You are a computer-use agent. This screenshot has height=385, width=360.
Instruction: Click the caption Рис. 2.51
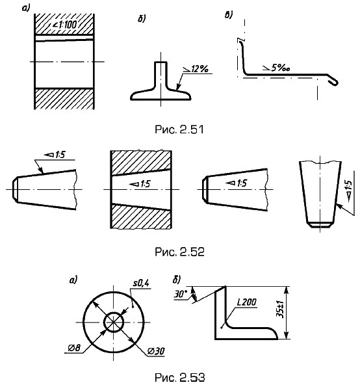click(179, 129)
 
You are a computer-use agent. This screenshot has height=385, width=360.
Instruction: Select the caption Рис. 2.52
click(179, 252)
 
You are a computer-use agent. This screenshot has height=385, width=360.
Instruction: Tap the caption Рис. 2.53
click(180, 377)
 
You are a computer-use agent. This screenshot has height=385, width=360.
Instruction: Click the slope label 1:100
click(65, 25)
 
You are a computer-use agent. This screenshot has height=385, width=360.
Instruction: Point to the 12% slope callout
click(196, 69)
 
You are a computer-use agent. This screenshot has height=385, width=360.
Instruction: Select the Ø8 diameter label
click(74, 348)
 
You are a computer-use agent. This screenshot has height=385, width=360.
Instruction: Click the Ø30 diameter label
click(156, 351)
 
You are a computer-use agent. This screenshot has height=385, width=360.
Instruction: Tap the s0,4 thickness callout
click(141, 284)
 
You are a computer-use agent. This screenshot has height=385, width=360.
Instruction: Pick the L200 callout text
click(247, 302)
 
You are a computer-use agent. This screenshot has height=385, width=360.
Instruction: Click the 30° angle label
click(181, 294)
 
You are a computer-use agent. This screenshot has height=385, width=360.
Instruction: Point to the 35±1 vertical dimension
click(279, 310)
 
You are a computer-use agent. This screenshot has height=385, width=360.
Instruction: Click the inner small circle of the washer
click(114, 312)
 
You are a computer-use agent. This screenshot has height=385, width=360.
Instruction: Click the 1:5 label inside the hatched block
click(140, 184)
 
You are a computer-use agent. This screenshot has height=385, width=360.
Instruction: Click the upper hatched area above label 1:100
click(64, 24)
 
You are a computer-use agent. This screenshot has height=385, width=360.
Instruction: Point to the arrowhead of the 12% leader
click(178, 87)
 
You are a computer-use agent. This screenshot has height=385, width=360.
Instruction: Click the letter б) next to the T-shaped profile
click(142, 19)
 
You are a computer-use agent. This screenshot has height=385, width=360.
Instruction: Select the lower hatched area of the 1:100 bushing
click(64, 99)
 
